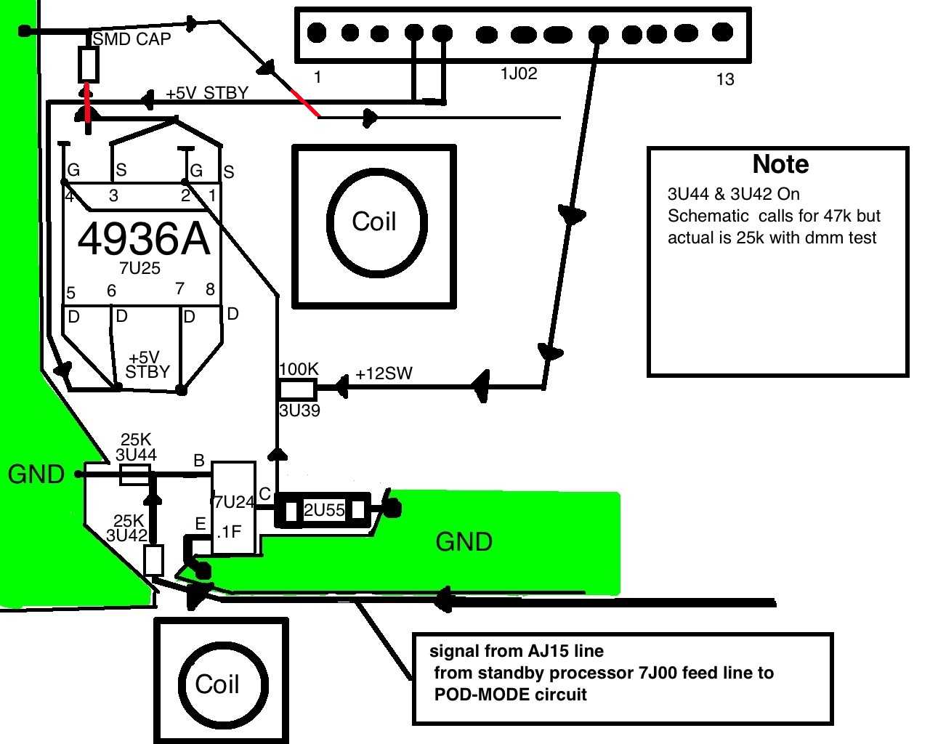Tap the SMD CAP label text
[132, 39]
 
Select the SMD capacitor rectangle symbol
[89, 65]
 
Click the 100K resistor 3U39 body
[297, 389]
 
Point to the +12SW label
[384, 373]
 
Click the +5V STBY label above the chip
[208, 93]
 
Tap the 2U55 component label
[324, 510]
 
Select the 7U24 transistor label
[234, 502]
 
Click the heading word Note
[780, 164]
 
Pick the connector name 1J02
[519, 74]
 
